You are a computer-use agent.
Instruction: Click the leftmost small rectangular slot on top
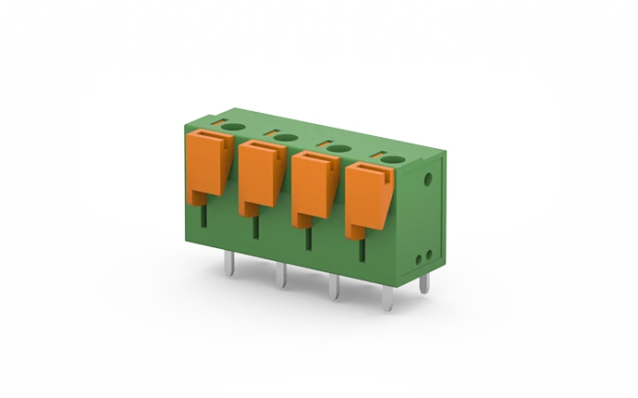(215, 121)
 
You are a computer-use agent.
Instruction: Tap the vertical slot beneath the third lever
(308, 238)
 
